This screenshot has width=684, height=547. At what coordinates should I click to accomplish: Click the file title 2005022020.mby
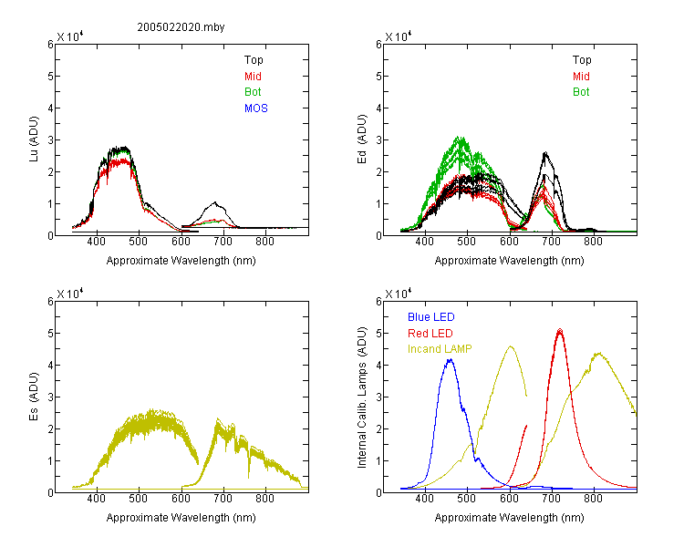pos(181,27)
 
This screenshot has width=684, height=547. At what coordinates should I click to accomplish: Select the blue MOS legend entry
pos(256,108)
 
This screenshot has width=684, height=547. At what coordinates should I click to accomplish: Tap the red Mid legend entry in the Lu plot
pos(253,77)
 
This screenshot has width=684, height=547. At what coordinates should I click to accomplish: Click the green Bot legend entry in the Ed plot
pos(581,92)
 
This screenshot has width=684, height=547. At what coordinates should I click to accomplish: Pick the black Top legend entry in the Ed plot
pos(582,60)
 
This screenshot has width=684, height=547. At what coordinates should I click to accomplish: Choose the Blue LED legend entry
pos(431,317)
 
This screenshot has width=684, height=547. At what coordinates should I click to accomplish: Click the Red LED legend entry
pos(430,334)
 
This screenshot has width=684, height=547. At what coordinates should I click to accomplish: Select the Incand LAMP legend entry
pos(440,349)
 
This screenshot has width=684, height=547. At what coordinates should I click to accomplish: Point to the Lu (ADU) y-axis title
pos(34,139)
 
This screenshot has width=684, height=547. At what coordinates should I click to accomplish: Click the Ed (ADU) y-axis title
pos(362,139)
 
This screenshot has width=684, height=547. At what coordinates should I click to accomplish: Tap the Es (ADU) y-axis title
pos(34,397)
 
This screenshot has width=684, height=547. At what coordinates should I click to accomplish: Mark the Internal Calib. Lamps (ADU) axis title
pos(362,397)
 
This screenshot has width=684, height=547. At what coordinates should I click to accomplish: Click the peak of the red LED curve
pos(560,330)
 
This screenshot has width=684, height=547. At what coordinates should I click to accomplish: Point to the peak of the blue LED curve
pos(451,359)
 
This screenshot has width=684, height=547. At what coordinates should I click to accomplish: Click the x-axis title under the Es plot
pos(181,518)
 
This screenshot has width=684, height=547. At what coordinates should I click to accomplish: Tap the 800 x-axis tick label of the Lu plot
pos(264,242)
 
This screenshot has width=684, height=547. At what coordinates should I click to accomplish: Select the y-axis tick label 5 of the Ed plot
pos(378,77)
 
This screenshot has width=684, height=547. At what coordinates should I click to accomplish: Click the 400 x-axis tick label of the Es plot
pos(96,499)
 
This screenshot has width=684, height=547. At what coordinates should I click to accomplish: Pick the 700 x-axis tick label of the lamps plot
pos(552,499)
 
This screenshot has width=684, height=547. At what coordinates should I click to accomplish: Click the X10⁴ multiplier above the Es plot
pos(70,294)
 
